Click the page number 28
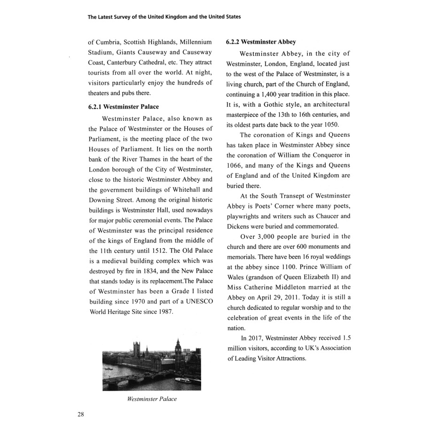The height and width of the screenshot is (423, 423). (x=80, y=414)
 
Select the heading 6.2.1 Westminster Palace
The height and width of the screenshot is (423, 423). (x=124, y=107)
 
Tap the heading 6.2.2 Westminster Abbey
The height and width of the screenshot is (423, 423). (x=261, y=42)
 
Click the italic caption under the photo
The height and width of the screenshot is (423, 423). (x=152, y=399)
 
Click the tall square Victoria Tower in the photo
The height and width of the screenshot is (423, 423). (x=137, y=349)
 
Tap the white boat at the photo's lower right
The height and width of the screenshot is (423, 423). (x=182, y=378)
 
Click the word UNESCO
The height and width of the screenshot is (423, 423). (x=196, y=301)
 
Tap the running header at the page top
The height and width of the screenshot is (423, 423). (x=164, y=17)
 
